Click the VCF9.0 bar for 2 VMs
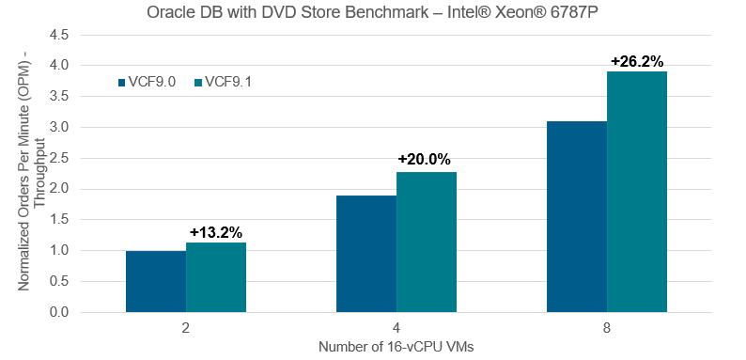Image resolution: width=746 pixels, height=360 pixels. tap(156, 281)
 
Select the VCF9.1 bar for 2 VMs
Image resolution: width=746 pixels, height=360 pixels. tap(216, 277)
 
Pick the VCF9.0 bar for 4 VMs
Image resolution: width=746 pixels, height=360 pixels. tap(366, 254)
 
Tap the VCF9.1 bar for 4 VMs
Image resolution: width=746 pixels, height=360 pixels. tap(427, 243)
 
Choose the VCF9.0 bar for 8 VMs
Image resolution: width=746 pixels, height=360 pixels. tap(577, 217)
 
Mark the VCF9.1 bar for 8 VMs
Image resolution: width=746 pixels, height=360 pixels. tap(637, 192)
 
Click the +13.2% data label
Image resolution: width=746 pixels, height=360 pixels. tap(216, 233)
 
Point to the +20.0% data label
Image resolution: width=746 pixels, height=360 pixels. tap(425, 160)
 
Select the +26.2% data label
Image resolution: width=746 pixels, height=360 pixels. tap(637, 61)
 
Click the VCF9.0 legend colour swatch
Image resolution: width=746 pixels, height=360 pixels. tap(121, 83)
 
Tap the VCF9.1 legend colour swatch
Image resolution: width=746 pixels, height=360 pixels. tap(198, 83)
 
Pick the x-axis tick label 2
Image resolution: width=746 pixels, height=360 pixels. tap(186, 329)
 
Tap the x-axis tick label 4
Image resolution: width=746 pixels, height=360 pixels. tap(396, 329)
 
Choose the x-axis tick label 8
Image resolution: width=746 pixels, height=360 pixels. tap(607, 329)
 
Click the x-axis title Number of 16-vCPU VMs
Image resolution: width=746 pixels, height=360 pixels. tap(396, 347)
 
